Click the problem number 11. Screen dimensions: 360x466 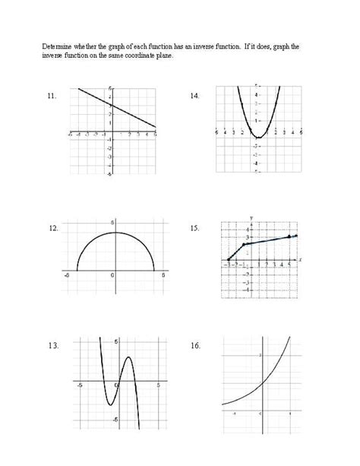pyautogui.click(x=52, y=97)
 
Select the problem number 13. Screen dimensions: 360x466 pyautogui.click(x=52, y=346)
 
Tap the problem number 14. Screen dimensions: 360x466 pyautogui.click(x=195, y=97)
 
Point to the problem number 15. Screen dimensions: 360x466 pyautogui.click(x=195, y=228)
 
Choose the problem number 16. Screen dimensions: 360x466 pyautogui.click(x=195, y=346)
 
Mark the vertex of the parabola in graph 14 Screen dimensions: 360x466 pyautogui.click(x=259, y=138)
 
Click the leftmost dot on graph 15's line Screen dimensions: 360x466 pyautogui.click(x=229, y=260)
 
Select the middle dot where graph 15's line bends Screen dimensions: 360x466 pyautogui.click(x=244, y=244)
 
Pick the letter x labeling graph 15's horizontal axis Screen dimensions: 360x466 pyautogui.click(x=300, y=259)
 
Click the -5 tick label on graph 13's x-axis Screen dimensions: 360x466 pyautogui.click(x=79, y=385)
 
